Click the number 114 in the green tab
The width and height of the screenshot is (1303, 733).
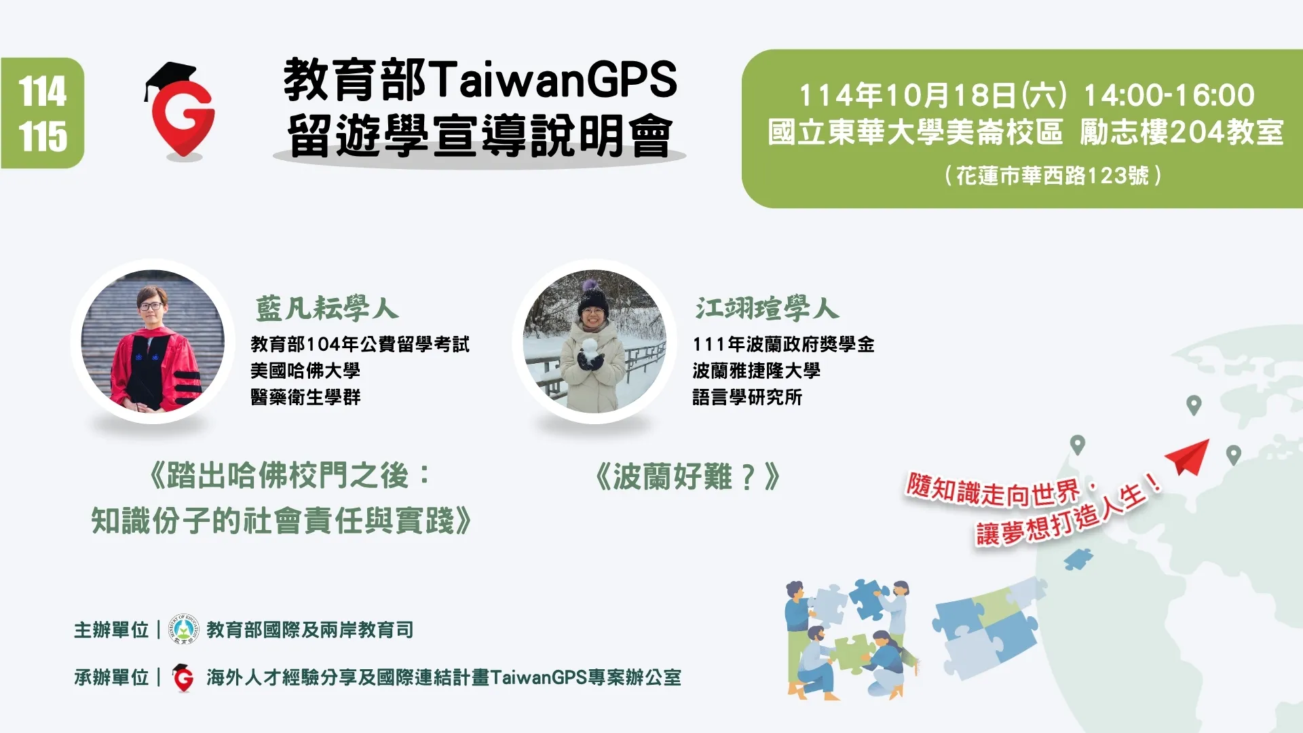(43, 91)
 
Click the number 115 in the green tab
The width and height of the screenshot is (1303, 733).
(43, 136)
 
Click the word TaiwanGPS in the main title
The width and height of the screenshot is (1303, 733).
(553, 79)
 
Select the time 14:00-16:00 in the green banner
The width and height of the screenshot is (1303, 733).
(1169, 95)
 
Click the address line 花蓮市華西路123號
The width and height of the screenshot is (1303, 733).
(1053, 176)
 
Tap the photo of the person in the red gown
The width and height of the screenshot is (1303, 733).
(153, 341)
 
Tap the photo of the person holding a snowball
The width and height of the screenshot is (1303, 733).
(594, 341)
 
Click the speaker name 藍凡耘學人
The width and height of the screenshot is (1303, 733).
(326, 309)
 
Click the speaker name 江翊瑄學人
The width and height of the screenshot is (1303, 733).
(767, 309)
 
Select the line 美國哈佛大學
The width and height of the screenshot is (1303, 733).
(305, 371)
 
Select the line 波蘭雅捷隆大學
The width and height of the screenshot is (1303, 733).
(756, 371)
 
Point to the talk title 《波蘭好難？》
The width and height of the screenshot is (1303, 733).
(687, 476)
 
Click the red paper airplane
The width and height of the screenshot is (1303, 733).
(1189, 457)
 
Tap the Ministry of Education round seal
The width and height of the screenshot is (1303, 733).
(184, 630)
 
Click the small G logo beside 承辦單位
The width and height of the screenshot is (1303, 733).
(183, 677)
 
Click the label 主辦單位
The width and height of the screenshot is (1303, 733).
(111, 630)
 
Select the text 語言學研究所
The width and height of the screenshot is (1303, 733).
(747, 397)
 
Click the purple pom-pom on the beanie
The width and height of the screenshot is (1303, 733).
(588, 284)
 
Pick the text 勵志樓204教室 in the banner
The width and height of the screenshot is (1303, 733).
(1181, 132)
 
